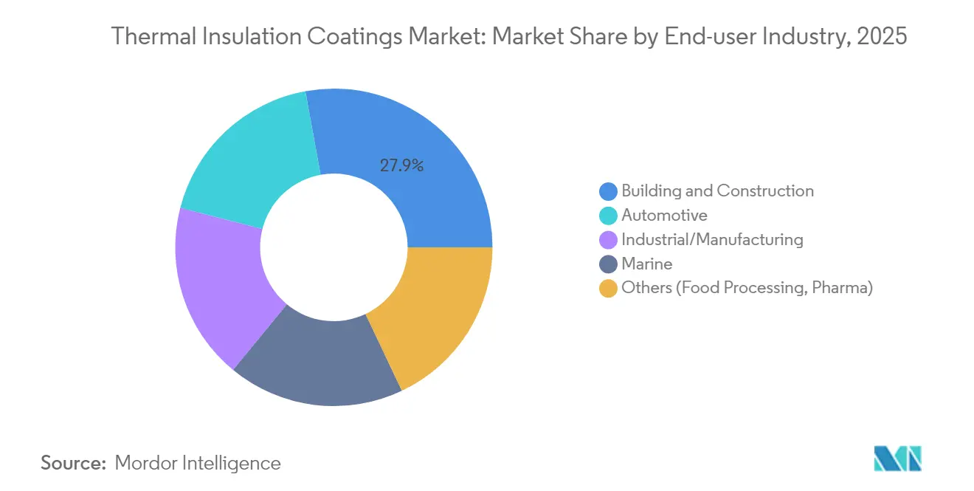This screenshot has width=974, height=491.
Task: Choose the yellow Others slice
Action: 432,317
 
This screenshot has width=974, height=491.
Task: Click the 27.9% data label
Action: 401,166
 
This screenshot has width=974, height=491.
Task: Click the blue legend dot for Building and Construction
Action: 609,191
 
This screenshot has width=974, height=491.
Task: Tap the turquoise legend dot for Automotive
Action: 609,216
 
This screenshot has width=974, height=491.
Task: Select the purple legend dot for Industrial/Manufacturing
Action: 609,240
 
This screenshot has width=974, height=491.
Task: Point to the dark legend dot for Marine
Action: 609,264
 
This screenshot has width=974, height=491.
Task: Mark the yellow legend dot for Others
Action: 609,289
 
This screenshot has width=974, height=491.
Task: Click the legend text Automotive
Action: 664,216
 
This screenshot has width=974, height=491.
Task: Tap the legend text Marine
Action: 646,264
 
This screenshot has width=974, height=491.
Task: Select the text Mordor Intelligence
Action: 198,463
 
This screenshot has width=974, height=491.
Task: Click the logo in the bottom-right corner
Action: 897,459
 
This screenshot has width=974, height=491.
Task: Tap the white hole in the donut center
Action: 334,247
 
